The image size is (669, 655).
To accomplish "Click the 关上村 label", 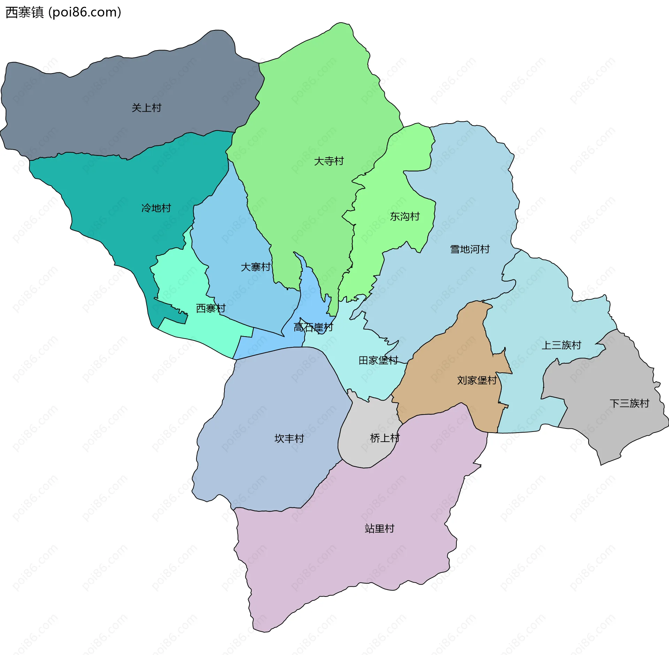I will click(x=146, y=108).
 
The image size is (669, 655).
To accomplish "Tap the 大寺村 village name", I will click(x=329, y=161).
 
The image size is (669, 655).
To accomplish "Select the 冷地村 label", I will click(x=156, y=208).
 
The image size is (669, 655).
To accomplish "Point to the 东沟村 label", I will click(x=405, y=216).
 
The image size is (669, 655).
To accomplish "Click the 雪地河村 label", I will click(x=470, y=249).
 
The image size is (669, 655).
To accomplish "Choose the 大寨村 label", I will click(x=255, y=267).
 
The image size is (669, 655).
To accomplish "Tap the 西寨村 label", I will click(x=210, y=308).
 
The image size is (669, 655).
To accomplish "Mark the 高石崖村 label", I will click(x=313, y=327).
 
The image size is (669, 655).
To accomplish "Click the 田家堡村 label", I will click(x=378, y=360).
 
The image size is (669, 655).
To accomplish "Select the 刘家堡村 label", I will click(x=477, y=380).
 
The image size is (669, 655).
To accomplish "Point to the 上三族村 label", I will click(x=561, y=345).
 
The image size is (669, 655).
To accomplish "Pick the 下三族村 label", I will click(x=629, y=403).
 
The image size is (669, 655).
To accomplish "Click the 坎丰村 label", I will click(x=289, y=438).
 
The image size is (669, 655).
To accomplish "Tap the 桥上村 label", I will click(x=385, y=438).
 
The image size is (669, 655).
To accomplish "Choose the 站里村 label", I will click(x=379, y=528).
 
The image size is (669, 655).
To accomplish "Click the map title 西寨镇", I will click(x=24, y=12).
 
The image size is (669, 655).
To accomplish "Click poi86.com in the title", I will click(x=85, y=12).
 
